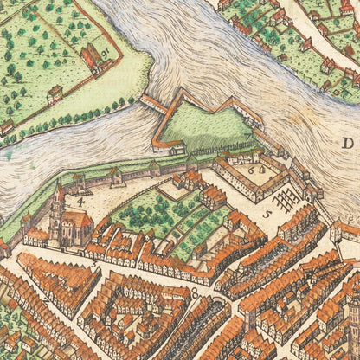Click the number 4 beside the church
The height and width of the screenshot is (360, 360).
tap(80, 202)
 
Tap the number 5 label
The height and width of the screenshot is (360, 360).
tap(267, 211)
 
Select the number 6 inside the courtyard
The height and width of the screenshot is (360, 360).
tap(253, 170)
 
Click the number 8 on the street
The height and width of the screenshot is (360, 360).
tap(195, 292)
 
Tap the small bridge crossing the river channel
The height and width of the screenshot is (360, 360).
tap(152, 105)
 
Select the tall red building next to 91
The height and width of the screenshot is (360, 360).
tap(89, 57)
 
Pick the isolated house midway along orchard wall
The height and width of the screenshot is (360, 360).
tap(54, 93)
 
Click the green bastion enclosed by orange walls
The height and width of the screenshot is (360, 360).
tap(203, 125)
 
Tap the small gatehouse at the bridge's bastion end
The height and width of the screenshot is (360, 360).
tap(178, 149)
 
